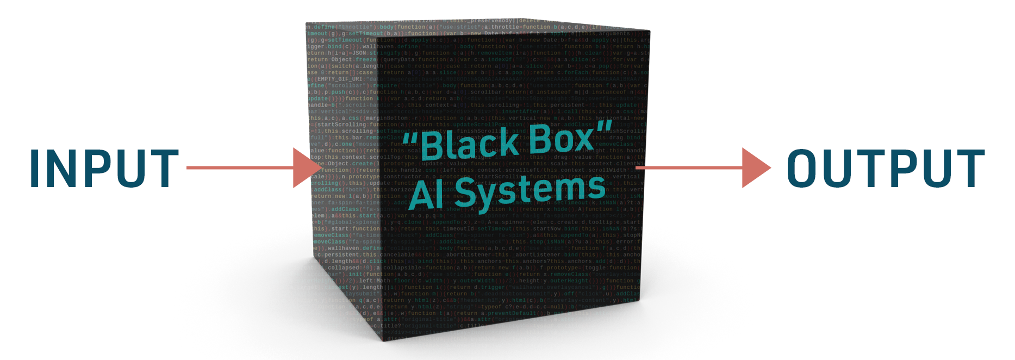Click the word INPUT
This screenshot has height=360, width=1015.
[x=104, y=169]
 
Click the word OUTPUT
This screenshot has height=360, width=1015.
[x=886, y=169]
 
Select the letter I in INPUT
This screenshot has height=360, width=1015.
[x=35, y=169]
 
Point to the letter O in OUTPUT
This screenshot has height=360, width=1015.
[x=806, y=169]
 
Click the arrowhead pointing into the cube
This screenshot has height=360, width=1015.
[x=308, y=167]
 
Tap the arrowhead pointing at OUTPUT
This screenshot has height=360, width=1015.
[x=755, y=167]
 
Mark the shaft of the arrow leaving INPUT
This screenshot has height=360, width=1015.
[x=239, y=167]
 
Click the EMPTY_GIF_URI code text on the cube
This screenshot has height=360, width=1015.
[x=340, y=79]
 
